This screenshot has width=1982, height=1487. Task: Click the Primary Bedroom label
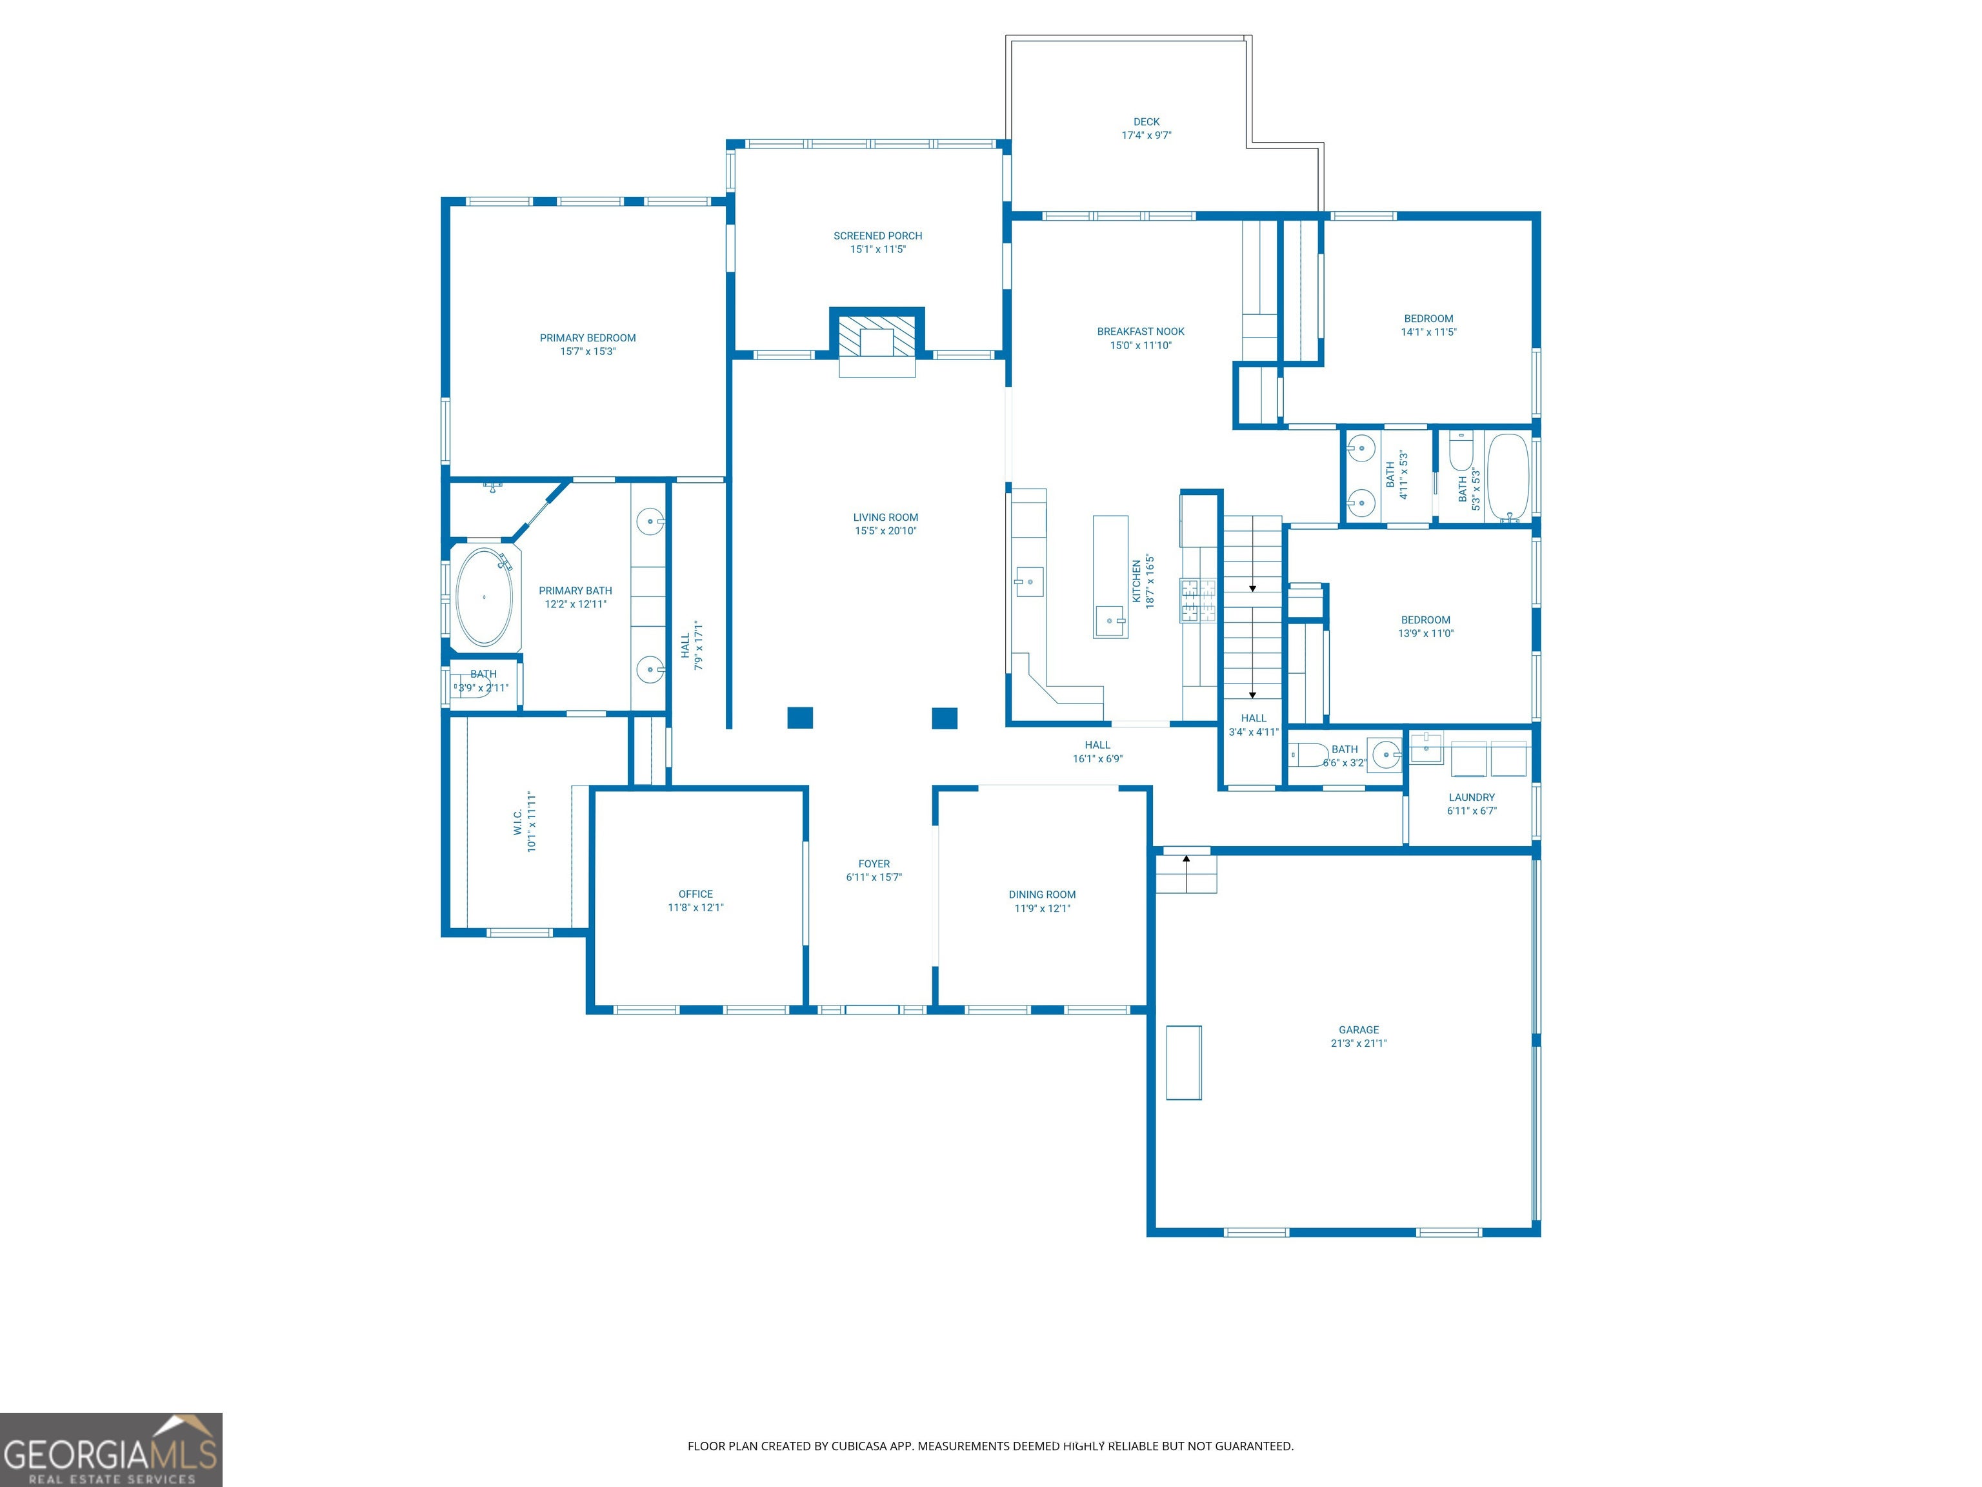588,338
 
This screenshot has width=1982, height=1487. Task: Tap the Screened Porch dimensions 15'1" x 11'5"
878,249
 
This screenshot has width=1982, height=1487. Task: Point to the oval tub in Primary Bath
485,597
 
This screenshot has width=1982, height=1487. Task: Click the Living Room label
885,517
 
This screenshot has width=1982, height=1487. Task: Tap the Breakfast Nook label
1141,332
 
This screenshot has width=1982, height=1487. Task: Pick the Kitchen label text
1137,581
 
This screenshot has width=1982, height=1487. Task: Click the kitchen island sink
1111,620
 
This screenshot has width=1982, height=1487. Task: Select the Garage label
1359,1030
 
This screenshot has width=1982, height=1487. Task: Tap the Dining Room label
1042,895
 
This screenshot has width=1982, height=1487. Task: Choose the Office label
696,895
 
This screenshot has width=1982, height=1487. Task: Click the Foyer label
874,864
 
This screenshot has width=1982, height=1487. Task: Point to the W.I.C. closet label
518,822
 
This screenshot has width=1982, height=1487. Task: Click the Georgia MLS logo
111,1450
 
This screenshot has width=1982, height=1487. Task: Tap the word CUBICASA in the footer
860,1446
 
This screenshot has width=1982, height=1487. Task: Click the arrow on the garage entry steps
1186,872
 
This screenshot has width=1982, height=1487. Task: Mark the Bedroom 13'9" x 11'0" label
1426,620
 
